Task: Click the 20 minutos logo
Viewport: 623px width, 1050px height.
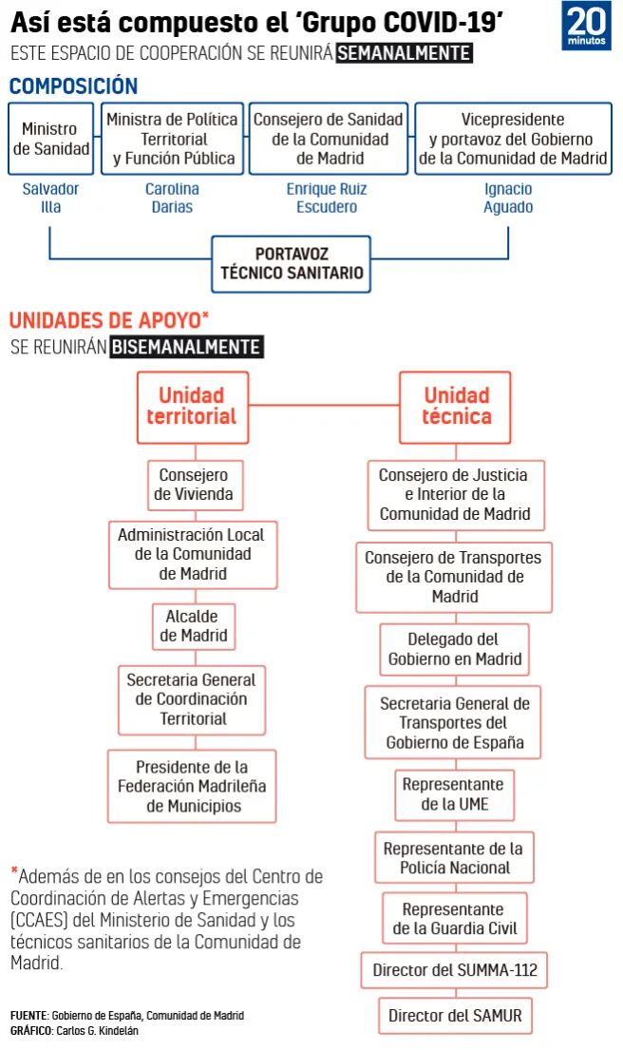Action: (x=586, y=27)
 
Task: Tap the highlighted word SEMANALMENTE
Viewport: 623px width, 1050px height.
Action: (x=404, y=53)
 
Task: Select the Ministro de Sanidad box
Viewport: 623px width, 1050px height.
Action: (x=50, y=139)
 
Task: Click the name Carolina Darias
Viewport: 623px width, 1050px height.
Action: (x=172, y=198)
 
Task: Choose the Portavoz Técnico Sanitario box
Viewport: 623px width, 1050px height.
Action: (x=291, y=263)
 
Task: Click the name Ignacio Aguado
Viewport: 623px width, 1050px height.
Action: (x=508, y=198)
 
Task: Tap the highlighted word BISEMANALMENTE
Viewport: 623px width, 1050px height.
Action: (x=185, y=347)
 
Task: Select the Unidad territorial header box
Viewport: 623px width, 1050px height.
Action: (x=192, y=407)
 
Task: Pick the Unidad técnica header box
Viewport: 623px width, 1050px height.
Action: (x=456, y=407)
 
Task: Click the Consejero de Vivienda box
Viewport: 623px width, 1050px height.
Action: (x=194, y=485)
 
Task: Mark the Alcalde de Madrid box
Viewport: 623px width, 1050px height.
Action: (x=194, y=625)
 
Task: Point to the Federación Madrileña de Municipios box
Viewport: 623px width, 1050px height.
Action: (x=192, y=786)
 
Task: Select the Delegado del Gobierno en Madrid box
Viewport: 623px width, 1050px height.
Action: (x=454, y=649)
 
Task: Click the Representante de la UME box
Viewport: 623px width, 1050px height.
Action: (x=453, y=795)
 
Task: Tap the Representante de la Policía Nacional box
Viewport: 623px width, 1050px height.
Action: (x=453, y=857)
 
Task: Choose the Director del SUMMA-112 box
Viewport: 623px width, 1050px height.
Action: (x=454, y=971)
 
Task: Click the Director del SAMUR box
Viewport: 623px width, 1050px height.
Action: (x=454, y=1016)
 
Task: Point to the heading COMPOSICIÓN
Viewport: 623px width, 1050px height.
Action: (x=73, y=86)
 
